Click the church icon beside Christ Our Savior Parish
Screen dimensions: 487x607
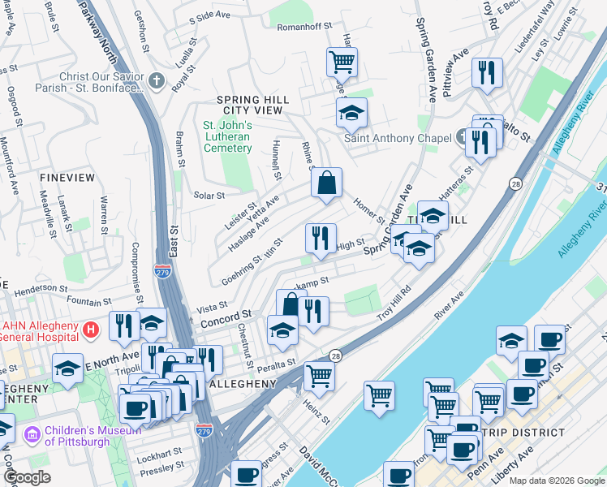(157, 81)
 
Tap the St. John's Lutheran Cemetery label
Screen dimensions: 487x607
(227, 136)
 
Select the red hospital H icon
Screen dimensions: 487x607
(92, 330)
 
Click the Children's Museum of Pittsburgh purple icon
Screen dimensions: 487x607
(32, 435)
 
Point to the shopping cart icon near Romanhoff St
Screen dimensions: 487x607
(342, 61)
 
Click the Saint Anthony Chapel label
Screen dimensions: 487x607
(398, 138)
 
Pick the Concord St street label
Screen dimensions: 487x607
(222, 315)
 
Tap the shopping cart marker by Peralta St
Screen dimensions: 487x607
(319, 376)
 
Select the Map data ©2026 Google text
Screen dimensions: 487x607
(557, 481)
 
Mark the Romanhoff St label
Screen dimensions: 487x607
(305, 27)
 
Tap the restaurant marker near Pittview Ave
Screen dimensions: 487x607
(487, 72)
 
